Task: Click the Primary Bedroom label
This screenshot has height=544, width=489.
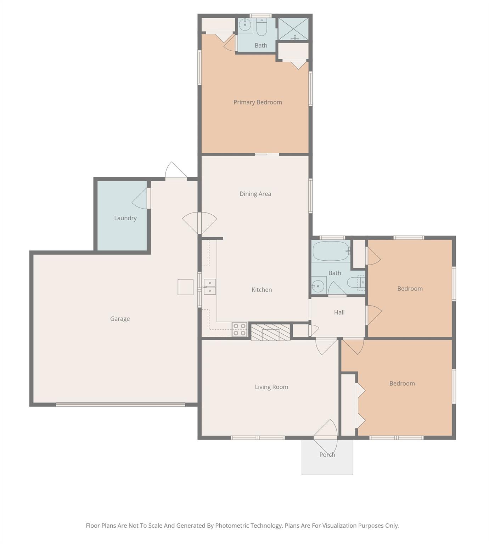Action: (x=258, y=102)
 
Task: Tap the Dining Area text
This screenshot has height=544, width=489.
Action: (x=255, y=194)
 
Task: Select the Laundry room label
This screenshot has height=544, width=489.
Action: (x=125, y=218)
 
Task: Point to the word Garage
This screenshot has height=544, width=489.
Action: (x=120, y=319)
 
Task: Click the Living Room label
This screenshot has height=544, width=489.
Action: (x=271, y=387)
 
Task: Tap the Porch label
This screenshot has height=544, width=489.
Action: (x=327, y=455)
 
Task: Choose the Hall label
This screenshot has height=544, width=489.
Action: (x=339, y=312)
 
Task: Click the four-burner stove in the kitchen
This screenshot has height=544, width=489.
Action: (x=240, y=329)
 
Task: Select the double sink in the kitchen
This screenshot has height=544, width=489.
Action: (x=209, y=287)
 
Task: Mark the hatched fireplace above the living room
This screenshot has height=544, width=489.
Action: (x=270, y=333)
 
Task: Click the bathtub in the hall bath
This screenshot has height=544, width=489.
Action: (x=331, y=251)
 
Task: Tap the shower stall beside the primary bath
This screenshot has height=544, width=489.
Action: (x=293, y=29)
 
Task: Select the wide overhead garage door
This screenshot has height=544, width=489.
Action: (x=120, y=404)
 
